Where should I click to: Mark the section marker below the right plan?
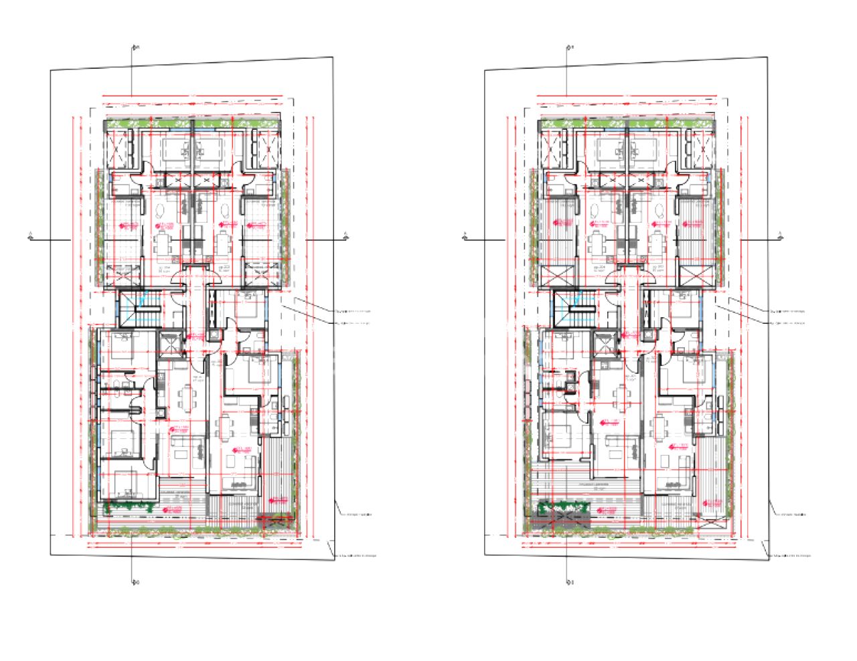pyautogui.click(x=568, y=581)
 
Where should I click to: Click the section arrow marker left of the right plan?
pyautogui.click(x=465, y=236)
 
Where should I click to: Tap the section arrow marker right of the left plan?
pyautogui.click(x=346, y=235)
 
